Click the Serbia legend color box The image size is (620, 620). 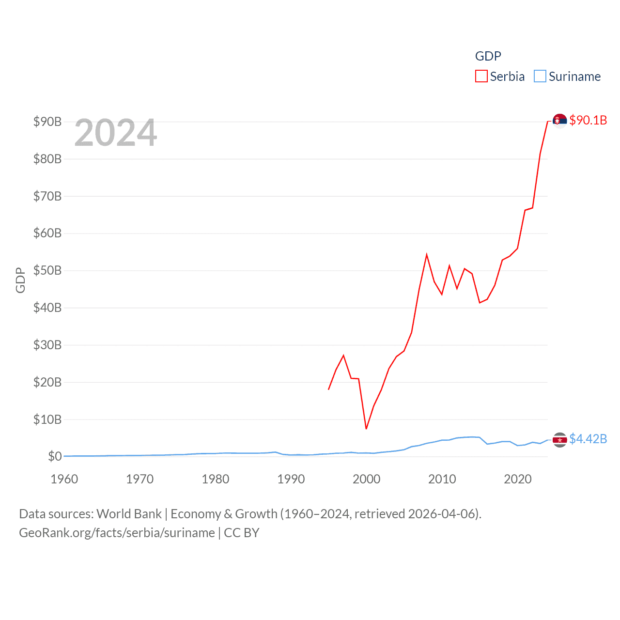481,77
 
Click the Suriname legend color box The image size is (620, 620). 540,77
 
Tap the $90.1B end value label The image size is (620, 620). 588,120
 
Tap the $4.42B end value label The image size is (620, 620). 588,439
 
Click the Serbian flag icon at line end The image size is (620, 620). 560,121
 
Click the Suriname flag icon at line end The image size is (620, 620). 560,440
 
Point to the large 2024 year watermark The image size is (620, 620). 116,133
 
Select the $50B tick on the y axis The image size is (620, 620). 47,270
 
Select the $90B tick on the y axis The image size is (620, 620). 47,122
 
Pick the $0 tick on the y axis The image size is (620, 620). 55,456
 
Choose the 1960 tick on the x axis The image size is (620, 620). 64,479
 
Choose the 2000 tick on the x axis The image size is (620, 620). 367,479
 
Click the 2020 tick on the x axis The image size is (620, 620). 518,479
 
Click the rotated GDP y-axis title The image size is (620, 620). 20,280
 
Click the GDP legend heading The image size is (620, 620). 488,56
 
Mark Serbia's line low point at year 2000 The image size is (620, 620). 366,429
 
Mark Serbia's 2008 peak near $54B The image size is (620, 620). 427,255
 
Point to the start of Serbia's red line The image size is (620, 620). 329,389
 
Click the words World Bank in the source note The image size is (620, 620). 129,514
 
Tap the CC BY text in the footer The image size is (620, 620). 241,533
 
